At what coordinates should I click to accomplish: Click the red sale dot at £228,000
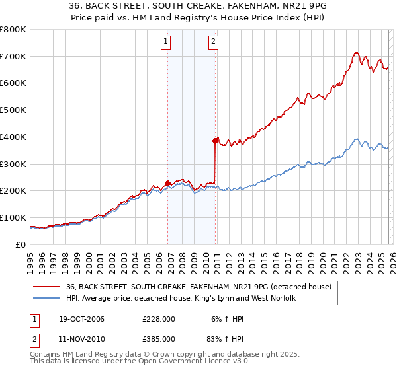click(168, 183)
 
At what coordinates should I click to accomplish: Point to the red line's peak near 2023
click(356, 52)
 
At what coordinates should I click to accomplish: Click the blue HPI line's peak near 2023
click(357, 139)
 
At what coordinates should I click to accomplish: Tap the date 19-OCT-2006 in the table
click(79, 319)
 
